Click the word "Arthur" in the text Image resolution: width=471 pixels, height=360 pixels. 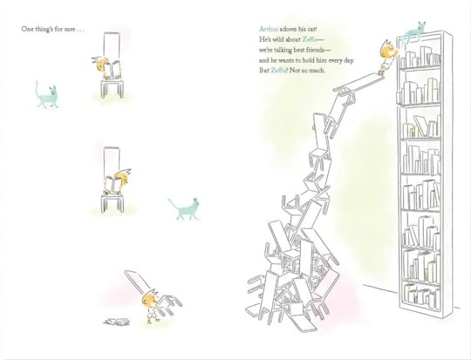(269, 29)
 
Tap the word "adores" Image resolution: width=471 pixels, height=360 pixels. (288, 29)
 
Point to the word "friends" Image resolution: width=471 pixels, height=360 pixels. (317, 50)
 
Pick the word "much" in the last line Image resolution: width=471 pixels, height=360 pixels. (318, 71)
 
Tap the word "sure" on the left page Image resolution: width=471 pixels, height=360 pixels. (69, 30)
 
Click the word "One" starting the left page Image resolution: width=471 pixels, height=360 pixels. (26, 29)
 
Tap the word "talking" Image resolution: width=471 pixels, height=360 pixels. (280, 50)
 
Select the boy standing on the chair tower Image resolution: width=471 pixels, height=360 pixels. (387, 56)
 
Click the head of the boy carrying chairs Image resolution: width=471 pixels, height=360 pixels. (149, 299)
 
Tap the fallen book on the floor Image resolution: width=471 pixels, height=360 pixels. (117, 322)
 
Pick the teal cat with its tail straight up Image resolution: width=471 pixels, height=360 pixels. (46, 95)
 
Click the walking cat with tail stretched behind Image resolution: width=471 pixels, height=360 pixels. (185, 208)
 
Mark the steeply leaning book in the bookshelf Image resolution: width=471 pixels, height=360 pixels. (420, 126)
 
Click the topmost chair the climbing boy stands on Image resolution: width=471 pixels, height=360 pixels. (359, 82)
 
